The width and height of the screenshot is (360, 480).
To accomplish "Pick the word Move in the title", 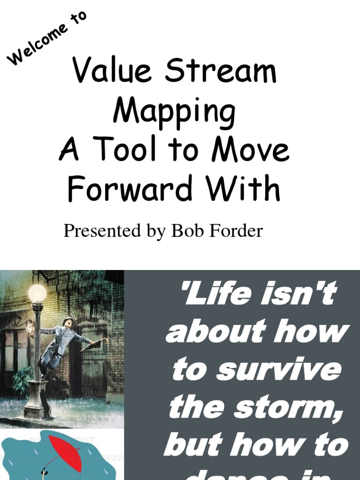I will point(250,151).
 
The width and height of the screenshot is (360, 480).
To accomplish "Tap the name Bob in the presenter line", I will point(186,231).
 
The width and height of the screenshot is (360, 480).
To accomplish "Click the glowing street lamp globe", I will point(37,293).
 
